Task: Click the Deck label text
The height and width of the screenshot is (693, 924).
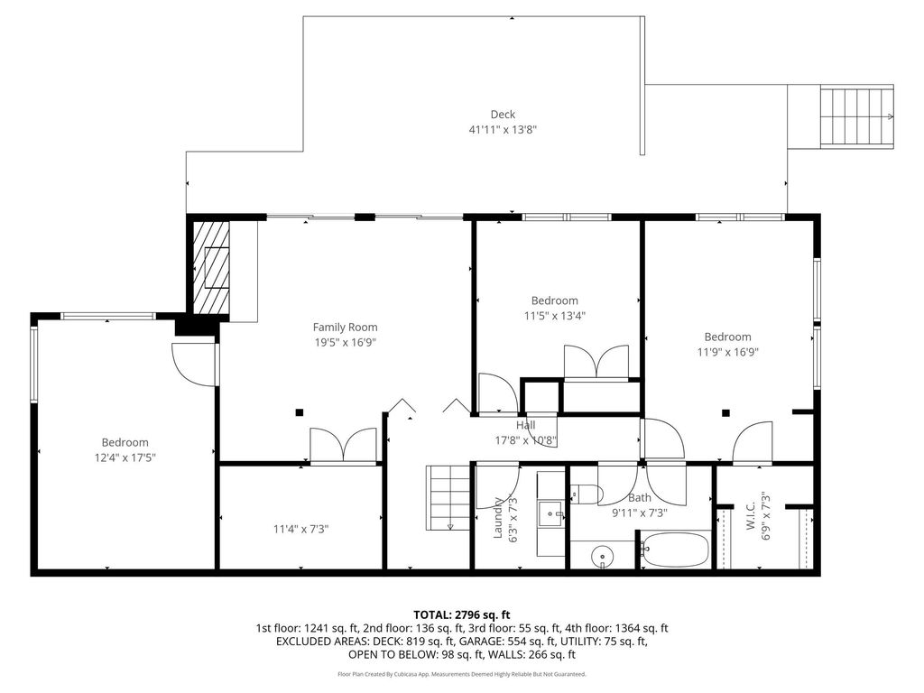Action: tap(503, 115)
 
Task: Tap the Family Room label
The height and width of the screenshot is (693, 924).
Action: tap(345, 327)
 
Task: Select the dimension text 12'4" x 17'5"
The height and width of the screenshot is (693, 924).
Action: tap(125, 457)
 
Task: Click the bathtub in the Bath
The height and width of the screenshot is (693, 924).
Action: tap(675, 550)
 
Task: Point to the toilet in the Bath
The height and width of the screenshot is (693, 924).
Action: tap(585, 494)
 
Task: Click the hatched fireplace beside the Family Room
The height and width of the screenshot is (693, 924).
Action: tap(211, 267)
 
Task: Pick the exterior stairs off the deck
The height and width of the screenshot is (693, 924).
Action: tap(857, 116)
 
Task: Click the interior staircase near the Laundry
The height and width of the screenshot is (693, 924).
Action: tap(448, 498)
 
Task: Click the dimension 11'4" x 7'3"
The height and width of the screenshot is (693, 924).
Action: tap(300, 529)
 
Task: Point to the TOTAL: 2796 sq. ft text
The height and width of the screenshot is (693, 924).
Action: tap(461, 615)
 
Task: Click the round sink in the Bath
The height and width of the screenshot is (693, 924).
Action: tap(602, 555)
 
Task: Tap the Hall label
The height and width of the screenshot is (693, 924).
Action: tap(526, 425)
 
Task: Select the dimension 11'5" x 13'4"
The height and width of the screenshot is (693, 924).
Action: tap(555, 315)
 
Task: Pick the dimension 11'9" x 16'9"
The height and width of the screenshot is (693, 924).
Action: tap(728, 352)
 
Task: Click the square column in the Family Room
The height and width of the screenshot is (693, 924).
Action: tap(300, 412)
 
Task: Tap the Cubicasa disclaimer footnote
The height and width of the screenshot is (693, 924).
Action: tap(461, 673)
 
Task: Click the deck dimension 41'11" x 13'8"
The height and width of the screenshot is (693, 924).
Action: tap(503, 129)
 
